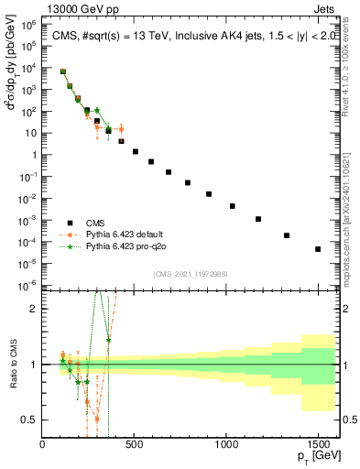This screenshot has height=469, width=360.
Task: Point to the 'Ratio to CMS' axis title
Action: pyautogui.click(x=12, y=365)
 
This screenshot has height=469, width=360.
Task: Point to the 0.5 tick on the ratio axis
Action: pyautogui.click(x=30, y=420)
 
